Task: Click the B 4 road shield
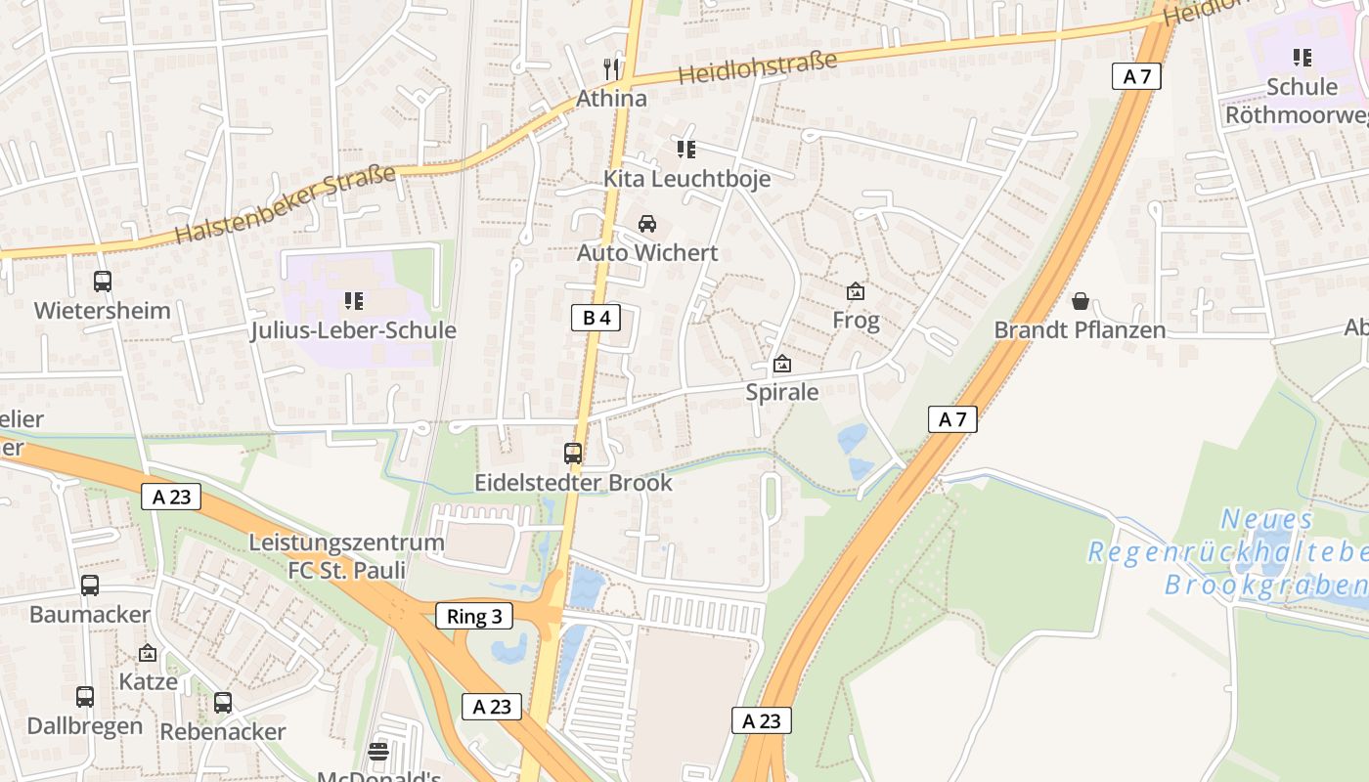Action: (596, 317)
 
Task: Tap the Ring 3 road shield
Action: (473, 616)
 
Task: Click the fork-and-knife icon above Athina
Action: (612, 68)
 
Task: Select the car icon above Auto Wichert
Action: (647, 224)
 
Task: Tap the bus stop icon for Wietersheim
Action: (103, 282)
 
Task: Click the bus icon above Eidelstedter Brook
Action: (573, 454)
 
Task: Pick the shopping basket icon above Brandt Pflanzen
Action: (1081, 301)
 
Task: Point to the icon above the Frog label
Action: (856, 290)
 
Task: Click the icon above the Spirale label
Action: (782, 365)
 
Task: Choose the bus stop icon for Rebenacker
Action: (223, 702)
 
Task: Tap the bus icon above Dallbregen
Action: (85, 697)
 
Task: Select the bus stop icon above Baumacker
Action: (90, 586)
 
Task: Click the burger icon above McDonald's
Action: (378, 752)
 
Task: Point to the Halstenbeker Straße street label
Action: (287, 204)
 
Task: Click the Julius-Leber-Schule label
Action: (354, 330)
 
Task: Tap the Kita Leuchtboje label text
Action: (686, 179)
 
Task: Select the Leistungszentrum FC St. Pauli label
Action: (346, 555)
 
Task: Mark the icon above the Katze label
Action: (148, 653)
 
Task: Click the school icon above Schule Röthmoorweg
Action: (1302, 58)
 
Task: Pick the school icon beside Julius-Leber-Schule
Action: (354, 301)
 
